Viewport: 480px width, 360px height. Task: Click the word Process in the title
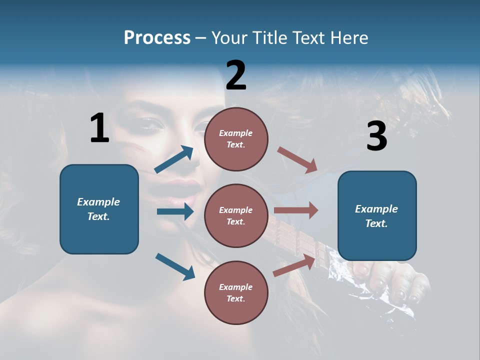click(x=157, y=38)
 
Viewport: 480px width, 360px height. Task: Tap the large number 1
click(x=99, y=128)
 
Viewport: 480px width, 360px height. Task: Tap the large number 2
click(x=236, y=75)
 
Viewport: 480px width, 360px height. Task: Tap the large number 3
click(x=376, y=137)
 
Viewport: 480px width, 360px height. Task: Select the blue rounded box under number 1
click(x=99, y=209)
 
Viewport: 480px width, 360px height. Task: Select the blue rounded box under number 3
click(x=377, y=216)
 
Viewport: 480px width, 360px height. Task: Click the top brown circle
click(x=236, y=138)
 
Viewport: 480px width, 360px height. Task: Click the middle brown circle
click(x=236, y=215)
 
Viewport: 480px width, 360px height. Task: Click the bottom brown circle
click(x=236, y=292)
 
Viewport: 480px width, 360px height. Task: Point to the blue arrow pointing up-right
click(x=174, y=159)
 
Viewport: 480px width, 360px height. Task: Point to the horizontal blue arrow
click(x=175, y=211)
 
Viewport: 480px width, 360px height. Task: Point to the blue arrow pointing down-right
click(x=175, y=266)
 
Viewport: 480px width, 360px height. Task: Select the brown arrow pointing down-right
click(x=297, y=159)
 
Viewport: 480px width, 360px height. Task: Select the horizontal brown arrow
click(x=296, y=210)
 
